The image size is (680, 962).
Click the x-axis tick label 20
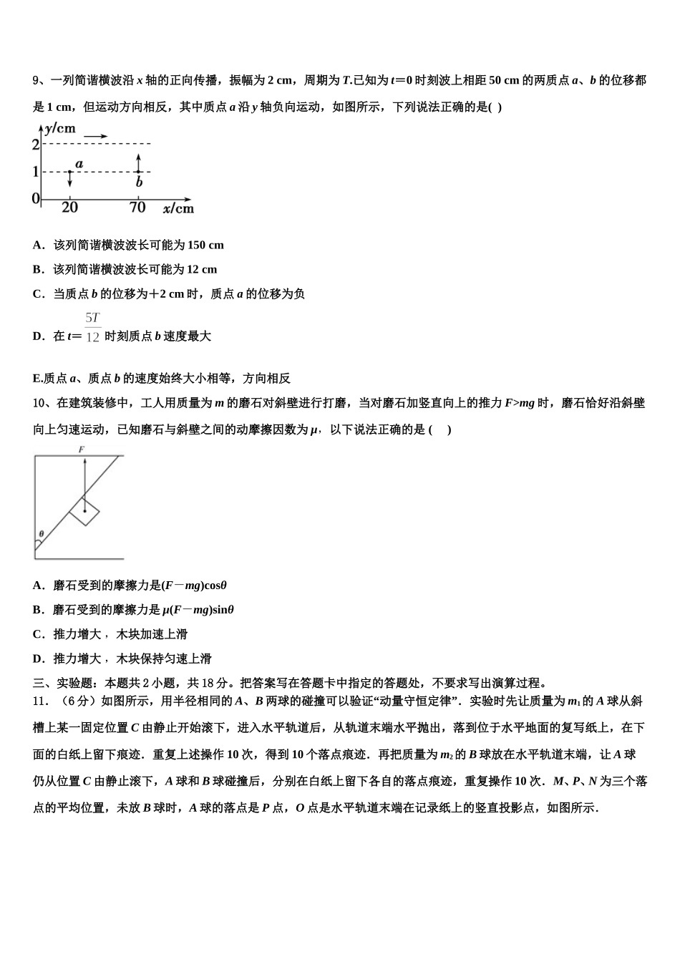tap(69, 208)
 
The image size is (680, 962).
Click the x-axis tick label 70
tap(137, 208)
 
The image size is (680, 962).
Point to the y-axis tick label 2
tap(36, 144)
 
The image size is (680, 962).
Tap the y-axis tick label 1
tap(36, 172)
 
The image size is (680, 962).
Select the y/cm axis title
tap(60, 129)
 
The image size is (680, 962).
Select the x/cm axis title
tap(178, 208)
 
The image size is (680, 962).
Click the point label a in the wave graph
tap(79, 164)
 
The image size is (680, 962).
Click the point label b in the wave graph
tap(139, 183)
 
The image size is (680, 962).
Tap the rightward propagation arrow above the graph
tap(96, 136)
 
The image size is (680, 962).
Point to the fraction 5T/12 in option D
tap(92, 328)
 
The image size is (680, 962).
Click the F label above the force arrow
tap(82, 449)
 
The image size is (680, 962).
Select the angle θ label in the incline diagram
tap(42, 533)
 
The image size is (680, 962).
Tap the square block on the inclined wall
tap(84, 510)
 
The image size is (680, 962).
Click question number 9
tap(37, 81)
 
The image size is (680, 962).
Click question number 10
tap(40, 403)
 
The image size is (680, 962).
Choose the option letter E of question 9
tap(37, 379)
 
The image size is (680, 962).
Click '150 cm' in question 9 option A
tap(205, 246)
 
